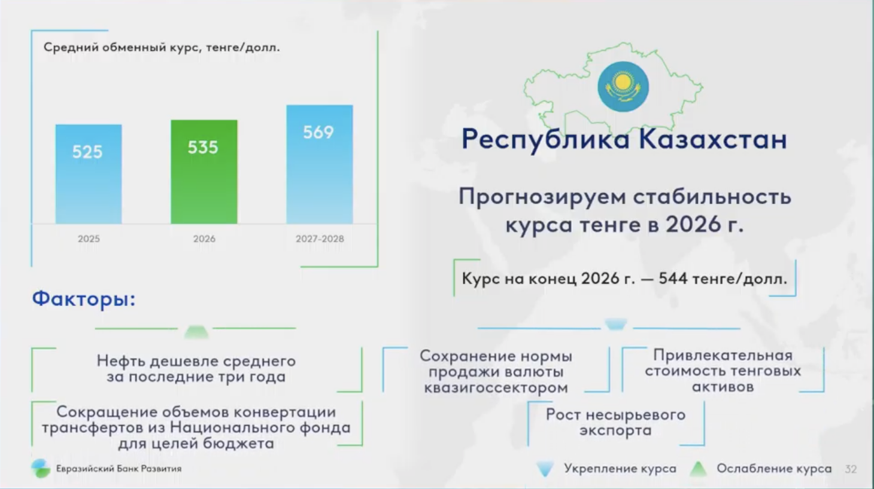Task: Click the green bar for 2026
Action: click(x=204, y=172)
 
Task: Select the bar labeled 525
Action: click(x=89, y=174)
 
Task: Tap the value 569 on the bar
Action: click(x=318, y=133)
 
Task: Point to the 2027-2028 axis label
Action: click(x=320, y=239)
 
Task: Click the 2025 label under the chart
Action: click(x=89, y=239)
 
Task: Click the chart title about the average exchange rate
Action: click(x=162, y=48)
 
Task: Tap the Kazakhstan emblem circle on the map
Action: click(x=623, y=87)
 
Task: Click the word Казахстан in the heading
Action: click(x=713, y=139)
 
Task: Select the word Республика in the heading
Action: click(x=546, y=139)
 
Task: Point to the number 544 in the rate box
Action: click(x=673, y=279)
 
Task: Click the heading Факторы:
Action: click(x=83, y=299)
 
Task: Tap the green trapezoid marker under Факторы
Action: click(x=196, y=332)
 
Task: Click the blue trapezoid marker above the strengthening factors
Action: click(x=616, y=324)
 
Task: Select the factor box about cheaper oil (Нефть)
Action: click(x=196, y=369)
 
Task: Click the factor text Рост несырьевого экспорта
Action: click(x=616, y=423)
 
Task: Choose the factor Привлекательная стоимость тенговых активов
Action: click(x=723, y=371)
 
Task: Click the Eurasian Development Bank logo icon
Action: click(x=41, y=468)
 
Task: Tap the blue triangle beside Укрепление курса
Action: click(x=545, y=469)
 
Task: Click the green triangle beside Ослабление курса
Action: click(x=699, y=469)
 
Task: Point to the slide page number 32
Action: click(x=851, y=469)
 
